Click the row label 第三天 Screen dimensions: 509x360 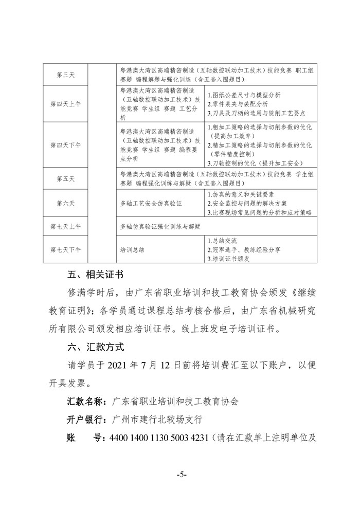pos(65,75)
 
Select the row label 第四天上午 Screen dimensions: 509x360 pos(65,103)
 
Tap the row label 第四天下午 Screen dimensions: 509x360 pos(65,145)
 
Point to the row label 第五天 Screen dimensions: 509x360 pos(65,178)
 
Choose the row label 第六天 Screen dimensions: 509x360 pos(65,203)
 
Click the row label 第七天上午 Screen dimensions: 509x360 pos(65,226)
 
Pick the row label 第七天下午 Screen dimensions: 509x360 pos(65,249)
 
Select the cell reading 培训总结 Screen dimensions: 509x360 pos(132,249)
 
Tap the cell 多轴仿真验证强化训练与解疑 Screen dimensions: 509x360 pos(159,226)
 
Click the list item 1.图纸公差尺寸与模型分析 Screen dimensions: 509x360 pos(243,95)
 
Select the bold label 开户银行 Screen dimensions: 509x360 pos(86,419)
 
